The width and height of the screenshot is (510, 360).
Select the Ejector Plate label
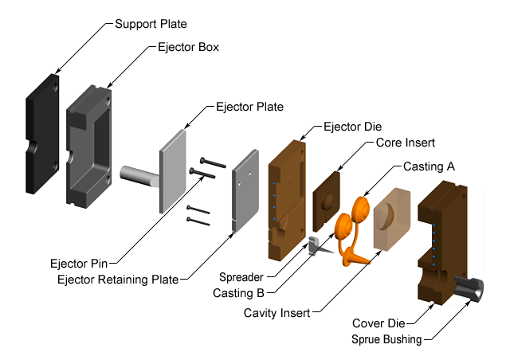(249, 106)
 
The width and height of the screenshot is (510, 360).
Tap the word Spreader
(242, 278)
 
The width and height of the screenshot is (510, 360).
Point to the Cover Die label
(379, 324)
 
